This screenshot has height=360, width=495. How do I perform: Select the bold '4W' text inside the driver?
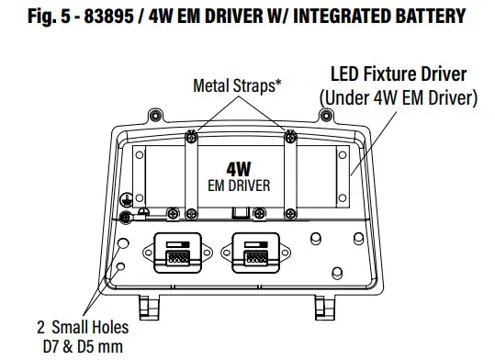pos(238,169)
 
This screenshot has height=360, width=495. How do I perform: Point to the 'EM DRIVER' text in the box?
pos(238,186)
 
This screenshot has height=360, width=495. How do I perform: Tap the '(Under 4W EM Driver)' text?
pos(397,95)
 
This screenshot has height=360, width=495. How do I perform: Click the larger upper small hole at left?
pos(124,245)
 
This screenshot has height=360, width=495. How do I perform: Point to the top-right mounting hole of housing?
pos(332,118)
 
